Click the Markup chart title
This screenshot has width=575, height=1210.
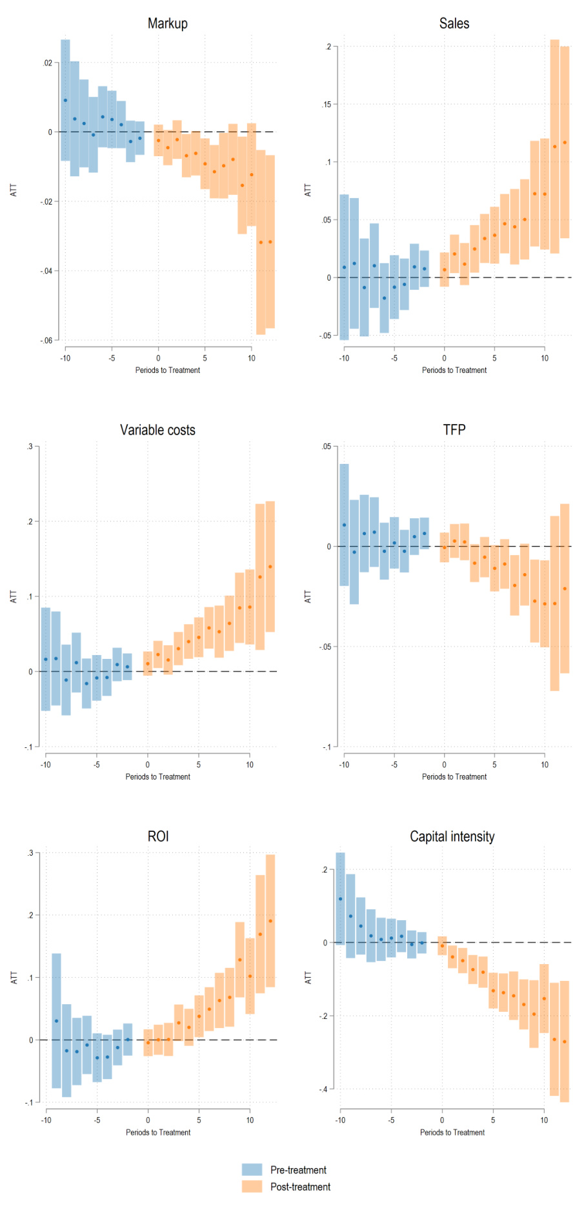coord(168,24)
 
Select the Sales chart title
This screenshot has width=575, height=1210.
coord(454,24)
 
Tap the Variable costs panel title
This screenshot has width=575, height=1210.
coord(157,430)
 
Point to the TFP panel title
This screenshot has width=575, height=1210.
coord(454,430)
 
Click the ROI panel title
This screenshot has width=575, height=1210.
coord(158,836)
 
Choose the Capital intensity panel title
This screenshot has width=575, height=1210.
coord(452,837)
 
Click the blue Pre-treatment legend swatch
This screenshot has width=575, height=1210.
coord(252,1170)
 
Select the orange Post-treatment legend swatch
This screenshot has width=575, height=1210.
coord(252,1187)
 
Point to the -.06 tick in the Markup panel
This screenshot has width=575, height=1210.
coord(46,340)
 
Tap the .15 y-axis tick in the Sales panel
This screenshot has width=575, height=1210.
coord(327,105)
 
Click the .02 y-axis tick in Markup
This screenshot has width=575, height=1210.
coord(48,63)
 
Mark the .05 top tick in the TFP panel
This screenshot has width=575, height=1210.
coord(326,447)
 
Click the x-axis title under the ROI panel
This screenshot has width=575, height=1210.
coord(158,1133)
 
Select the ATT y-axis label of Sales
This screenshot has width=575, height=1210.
coord(308,190)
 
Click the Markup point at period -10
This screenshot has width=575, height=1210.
coord(65,100)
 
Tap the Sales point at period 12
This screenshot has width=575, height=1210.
coord(565,143)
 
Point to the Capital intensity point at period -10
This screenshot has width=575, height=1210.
coord(341,899)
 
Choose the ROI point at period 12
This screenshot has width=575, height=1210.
coord(270,921)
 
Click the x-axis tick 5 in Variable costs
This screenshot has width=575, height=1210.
coord(199,765)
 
